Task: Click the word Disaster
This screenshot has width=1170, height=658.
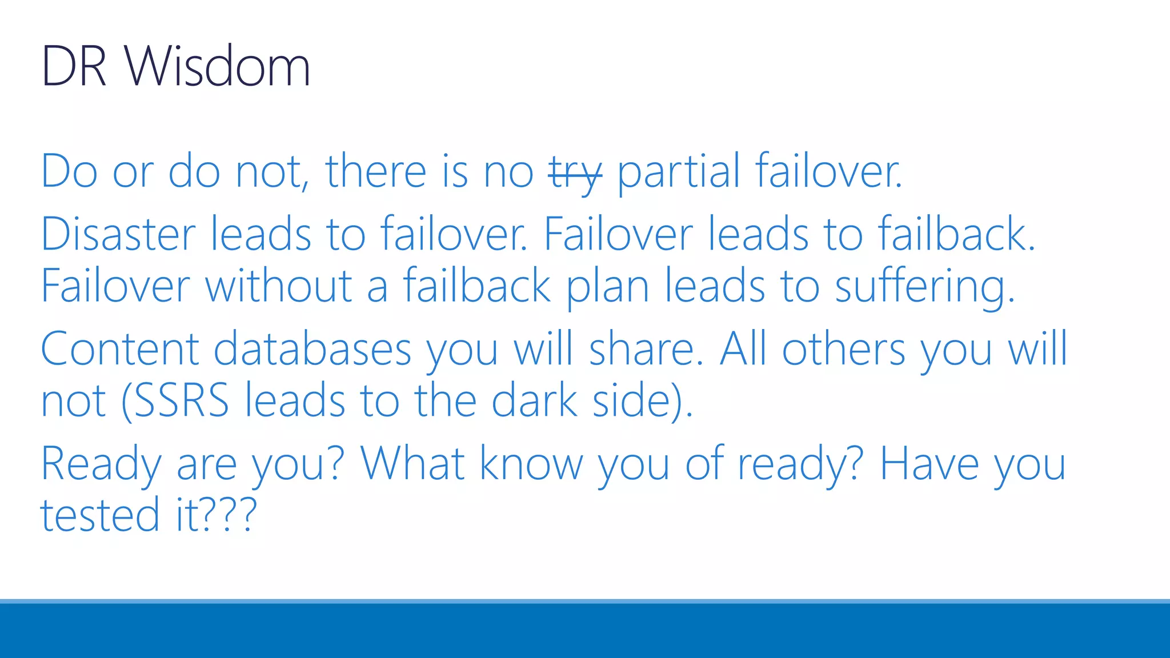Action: pos(118,234)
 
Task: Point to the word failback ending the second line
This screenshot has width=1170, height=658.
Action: pos(955,234)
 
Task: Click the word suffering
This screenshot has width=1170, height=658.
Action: pos(924,287)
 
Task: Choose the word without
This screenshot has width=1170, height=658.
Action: pos(278,287)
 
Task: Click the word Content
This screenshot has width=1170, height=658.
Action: pos(119,350)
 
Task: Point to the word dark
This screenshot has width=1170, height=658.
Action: pos(535,401)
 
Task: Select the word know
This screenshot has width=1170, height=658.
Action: pos(531,464)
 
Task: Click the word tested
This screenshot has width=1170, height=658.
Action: pos(99,515)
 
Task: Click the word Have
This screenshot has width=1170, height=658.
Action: pos(929,464)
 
